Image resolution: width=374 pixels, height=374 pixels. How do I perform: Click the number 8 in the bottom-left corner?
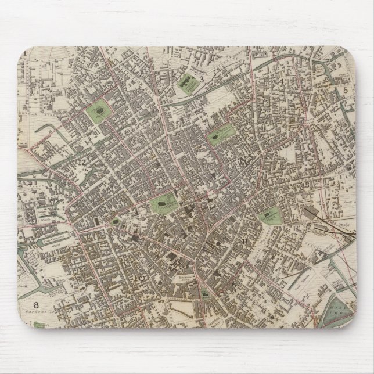coord(36,304)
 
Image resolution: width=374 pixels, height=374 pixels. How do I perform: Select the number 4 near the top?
coord(282,81)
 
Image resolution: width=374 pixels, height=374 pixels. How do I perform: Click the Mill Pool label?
coord(340,305)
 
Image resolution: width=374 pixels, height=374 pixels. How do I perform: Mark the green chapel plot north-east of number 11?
coord(269,216)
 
